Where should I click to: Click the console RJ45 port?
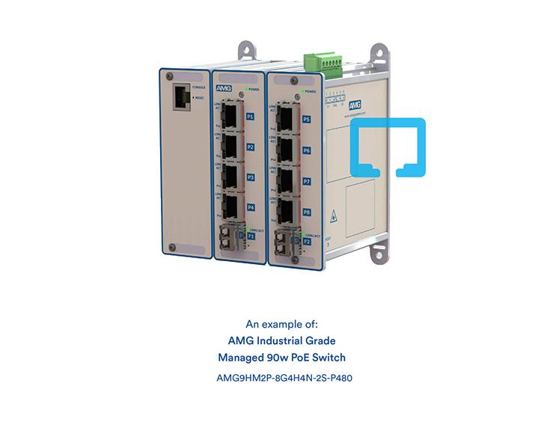click(181, 100)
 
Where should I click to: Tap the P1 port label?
click(250, 117)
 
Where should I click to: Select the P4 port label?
click(251, 207)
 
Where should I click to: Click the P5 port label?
click(307, 119)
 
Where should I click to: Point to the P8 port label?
click(307, 212)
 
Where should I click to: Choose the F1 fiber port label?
click(251, 236)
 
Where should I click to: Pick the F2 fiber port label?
click(307, 241)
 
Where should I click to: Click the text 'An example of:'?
click(281, 324)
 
